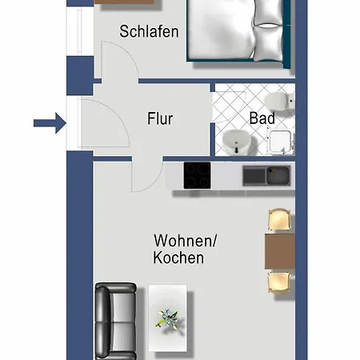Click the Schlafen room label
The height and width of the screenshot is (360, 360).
[149, 32]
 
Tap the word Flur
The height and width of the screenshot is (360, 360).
[160, 119]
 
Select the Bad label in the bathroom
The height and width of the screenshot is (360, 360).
[262, 118]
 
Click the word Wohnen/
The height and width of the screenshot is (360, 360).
[185, 240]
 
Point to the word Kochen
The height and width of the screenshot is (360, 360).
[178, 258]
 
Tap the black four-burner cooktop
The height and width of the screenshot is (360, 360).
[197, 175]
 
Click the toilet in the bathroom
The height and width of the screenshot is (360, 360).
[277, 102]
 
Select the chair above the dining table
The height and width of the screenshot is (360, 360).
[278, 219]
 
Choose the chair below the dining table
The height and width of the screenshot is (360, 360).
[278, 282]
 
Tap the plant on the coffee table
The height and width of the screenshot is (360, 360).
[168, 318]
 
